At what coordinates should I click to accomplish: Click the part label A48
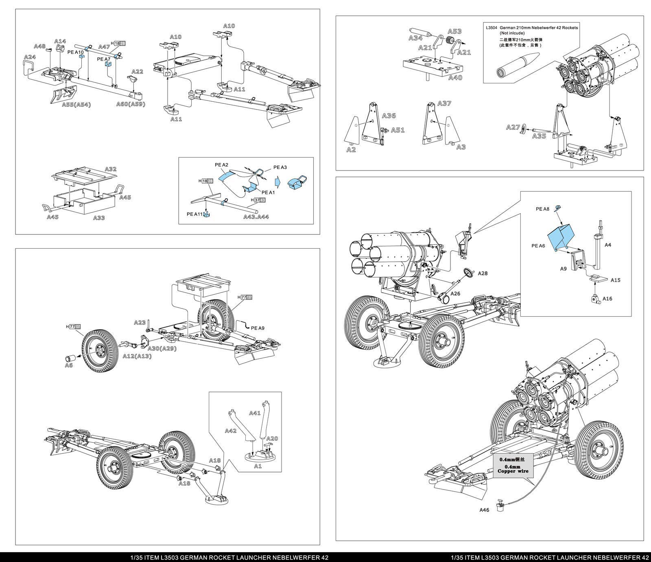(40, 46)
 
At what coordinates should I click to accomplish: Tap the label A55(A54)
(76, 105)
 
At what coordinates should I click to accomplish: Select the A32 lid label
(111, 169)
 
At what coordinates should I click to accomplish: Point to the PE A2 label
(222, 165)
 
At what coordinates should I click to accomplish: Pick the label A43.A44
(256, 216)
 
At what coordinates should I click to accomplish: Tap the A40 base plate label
(455, 77)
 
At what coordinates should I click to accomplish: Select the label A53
(454, 31)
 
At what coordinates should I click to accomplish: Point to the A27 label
(513, 127)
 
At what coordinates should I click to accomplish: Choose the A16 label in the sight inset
(607, 299)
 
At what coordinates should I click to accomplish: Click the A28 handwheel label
(483, 273)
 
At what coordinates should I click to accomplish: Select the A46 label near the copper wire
(484, 510)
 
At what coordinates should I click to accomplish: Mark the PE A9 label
(258, 328)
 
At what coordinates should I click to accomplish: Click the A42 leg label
(230, 431)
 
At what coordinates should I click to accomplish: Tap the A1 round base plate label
(258, 466)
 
